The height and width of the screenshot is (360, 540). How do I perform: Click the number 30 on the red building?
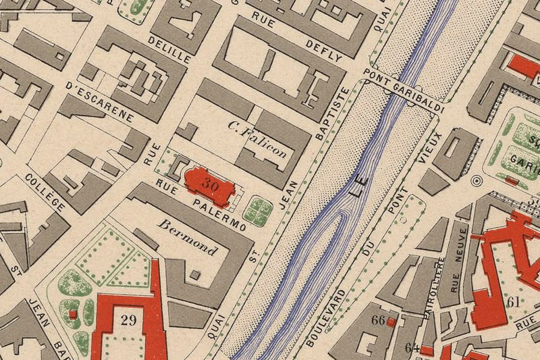tap(210, 183)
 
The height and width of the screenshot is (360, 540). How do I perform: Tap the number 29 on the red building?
tap(129, 319)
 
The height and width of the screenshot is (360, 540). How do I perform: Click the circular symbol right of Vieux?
tap(477, 181)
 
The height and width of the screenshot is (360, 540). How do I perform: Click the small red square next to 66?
tap(391, 322)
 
